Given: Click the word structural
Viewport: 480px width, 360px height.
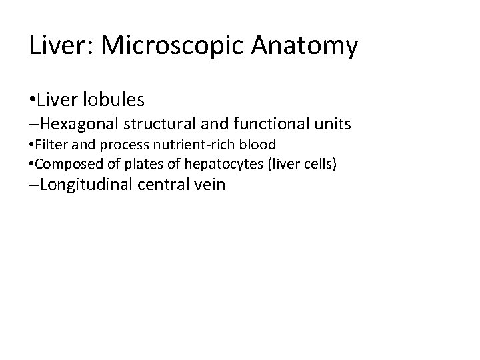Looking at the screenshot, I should tap(169, 123).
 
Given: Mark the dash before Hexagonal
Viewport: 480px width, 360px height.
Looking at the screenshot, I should tap(34, 123).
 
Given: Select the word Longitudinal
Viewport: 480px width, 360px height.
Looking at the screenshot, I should tap(88, 184).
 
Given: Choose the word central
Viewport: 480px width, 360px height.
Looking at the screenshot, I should tap(168, 184).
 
